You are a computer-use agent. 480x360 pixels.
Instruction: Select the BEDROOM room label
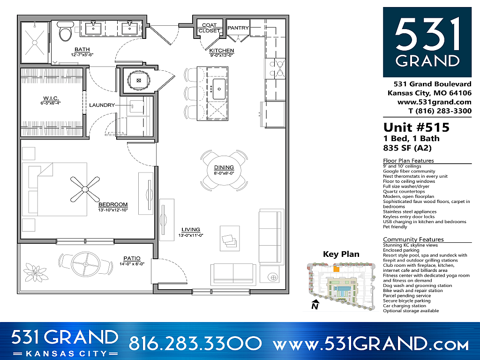[x=113, y=204]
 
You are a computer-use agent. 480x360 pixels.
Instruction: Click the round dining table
[x=224, y=169]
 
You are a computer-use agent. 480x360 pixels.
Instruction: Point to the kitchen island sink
[x=219, y=87]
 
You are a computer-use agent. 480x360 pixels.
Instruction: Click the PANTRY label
[x=238, y=28]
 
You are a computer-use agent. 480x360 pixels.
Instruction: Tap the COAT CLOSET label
[x=209, y=28]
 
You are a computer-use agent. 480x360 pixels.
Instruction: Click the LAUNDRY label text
[x=102, y=105]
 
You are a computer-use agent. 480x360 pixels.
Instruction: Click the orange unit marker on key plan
[x=336, y=270]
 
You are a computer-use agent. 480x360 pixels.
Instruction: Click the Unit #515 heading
[x=416, y=127]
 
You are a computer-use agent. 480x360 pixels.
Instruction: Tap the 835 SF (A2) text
[x=407, y=148]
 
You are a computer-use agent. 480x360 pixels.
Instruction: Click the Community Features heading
[x=413, y=240]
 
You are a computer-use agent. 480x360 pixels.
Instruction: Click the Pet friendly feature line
[x=395, y=227]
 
